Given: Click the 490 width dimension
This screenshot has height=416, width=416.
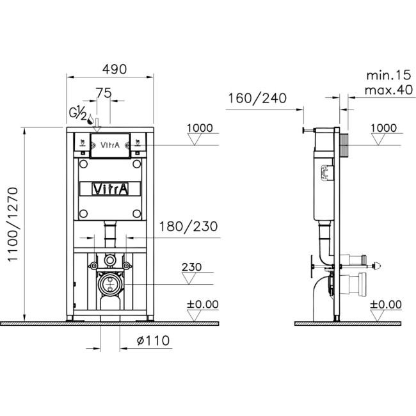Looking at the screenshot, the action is click(x=115, y=69).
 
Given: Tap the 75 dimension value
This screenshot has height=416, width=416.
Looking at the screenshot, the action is click(x=104, y=93).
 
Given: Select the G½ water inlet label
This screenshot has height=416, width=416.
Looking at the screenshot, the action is click(x=77, y=113).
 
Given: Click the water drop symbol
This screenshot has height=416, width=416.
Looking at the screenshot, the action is click(x=90, y=120).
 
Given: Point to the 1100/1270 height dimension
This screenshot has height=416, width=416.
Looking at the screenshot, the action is click(x=13, y=225).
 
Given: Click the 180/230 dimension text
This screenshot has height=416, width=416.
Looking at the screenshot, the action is click(x=188, y=227).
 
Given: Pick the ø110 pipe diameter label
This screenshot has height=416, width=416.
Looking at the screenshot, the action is click(x=153, y=340).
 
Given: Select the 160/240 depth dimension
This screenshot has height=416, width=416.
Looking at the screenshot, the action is click(x=257, y=98).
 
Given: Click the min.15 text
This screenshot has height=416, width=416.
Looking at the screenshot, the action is click(x=388, y=76).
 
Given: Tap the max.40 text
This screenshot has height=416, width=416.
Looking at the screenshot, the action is click(x=388, y=90).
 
